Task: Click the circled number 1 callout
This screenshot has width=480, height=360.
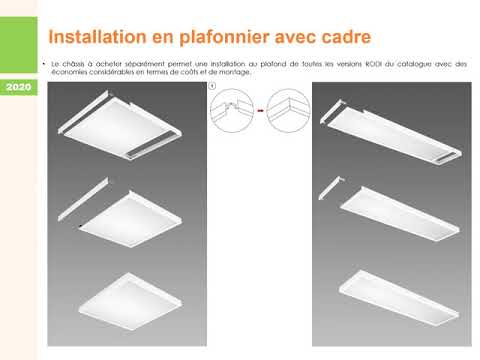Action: pos(212,87)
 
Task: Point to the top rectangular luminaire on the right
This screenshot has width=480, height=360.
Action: pos(390,130)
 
